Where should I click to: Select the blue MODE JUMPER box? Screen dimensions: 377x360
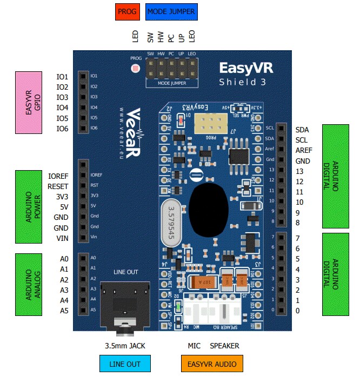tap(171, 11)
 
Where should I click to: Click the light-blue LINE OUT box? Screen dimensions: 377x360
tap(125, 364)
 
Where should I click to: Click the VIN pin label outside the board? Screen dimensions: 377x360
tap(62, 238)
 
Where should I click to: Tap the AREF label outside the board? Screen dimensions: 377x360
tap(304, 150)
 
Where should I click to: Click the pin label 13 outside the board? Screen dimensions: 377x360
tap(299, 171)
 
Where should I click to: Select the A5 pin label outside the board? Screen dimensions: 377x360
tap(64, 311)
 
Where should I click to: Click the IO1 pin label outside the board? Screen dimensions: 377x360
tap(62, 76)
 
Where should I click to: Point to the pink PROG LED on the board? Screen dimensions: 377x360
tap(136, 69)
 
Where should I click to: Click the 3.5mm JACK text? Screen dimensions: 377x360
tap(125, 346)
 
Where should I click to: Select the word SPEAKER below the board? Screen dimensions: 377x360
tap(224, 346)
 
